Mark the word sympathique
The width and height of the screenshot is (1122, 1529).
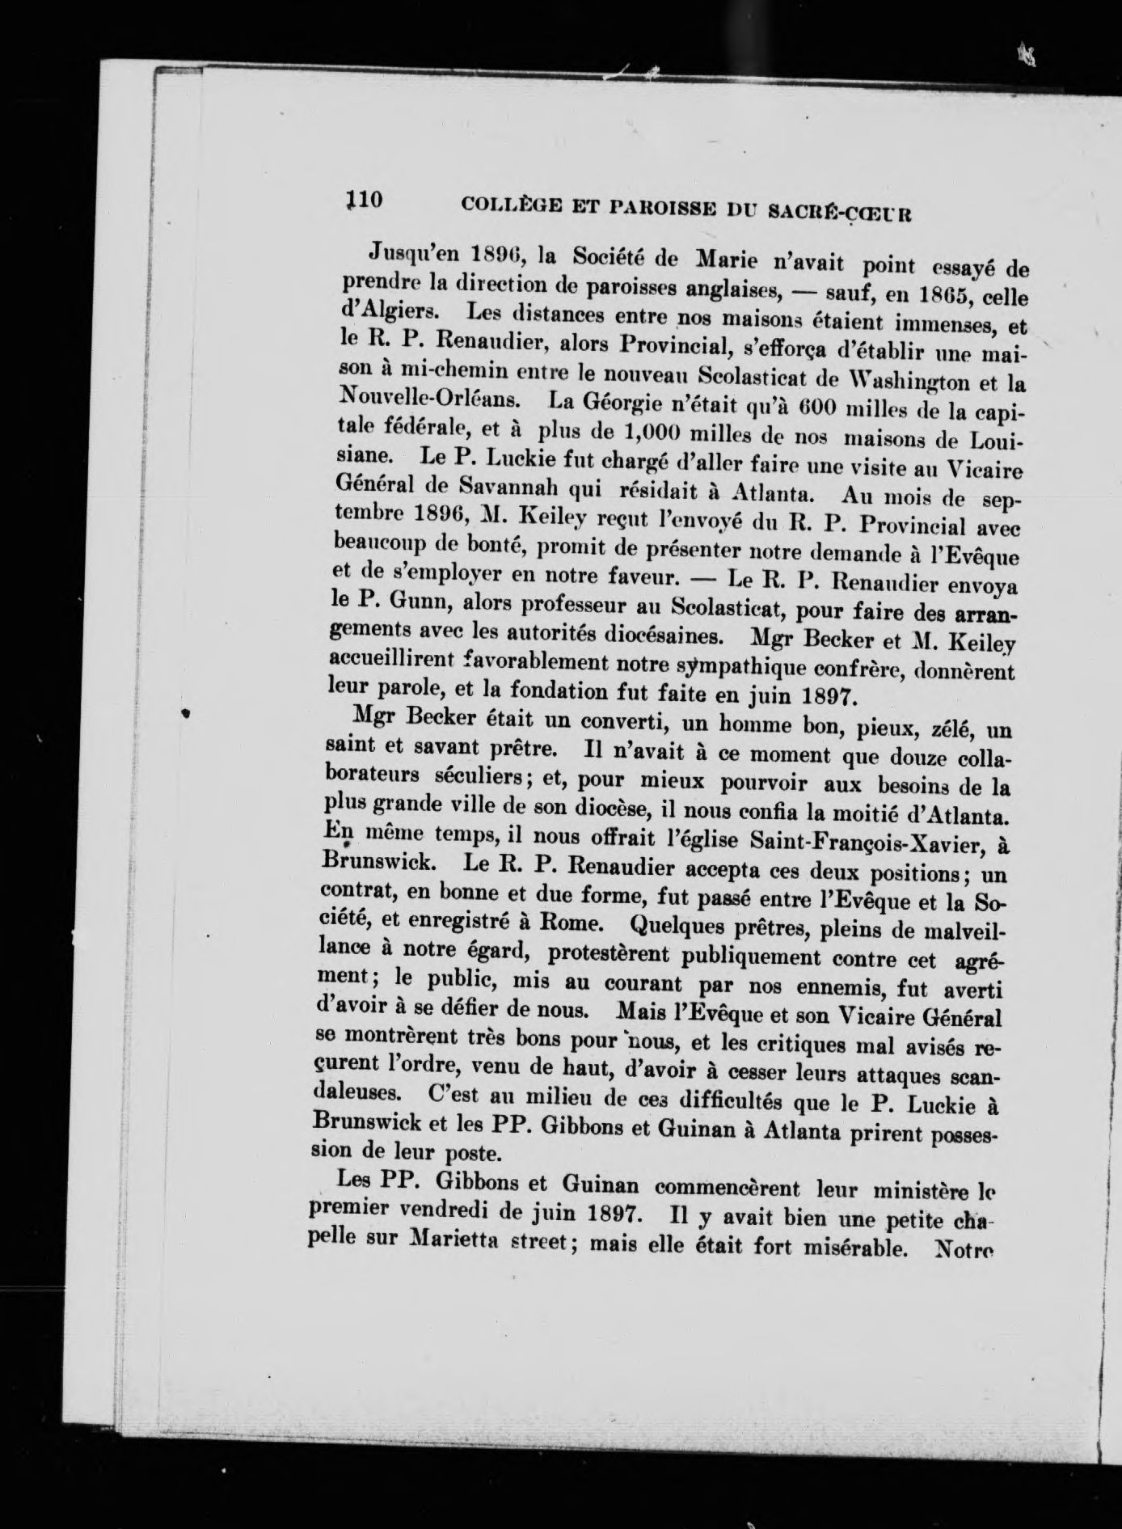tap(739, 666)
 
